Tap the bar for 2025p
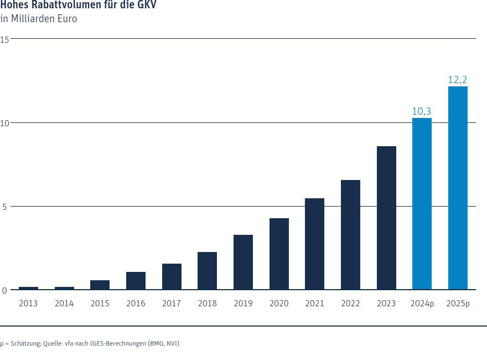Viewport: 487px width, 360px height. (458, 188)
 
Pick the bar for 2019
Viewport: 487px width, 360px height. (243, 262)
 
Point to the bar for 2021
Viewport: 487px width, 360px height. (314, 244)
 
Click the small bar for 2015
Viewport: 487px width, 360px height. (100, 285)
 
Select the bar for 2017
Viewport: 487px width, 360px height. (172, 276)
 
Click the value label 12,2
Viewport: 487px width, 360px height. (458, 80)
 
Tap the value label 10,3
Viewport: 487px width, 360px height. (422, 111)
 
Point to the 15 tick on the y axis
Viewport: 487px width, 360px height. (4, 39)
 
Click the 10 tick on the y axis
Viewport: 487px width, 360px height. (4, 122)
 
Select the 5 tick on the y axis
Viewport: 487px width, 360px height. (4, 207)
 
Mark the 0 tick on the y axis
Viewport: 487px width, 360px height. (4, 290)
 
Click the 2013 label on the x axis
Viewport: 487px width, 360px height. (28, 304)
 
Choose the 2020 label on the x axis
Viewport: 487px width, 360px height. (279, 304)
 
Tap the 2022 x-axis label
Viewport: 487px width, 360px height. (350, 304)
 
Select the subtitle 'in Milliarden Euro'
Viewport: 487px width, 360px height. (39, 19)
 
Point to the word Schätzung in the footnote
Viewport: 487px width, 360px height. (25, 343)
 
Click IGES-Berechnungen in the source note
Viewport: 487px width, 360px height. (116, 343)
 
